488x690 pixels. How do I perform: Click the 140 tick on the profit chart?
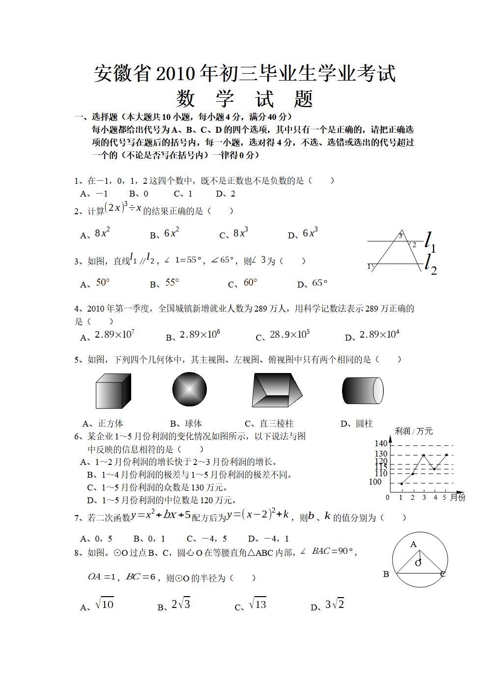[x=381, y=444]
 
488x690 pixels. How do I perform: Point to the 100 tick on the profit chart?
[x=375, y=482]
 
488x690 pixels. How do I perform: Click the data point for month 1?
[x=402, y=484]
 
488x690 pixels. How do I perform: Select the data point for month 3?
[x=424, y=456]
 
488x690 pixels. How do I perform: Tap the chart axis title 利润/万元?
[x=414, y=431]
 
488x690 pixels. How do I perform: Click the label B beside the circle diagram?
[x=386, y=574]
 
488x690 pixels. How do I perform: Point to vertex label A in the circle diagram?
[x=413, y=544]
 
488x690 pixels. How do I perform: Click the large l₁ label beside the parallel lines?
[x=430, y=242]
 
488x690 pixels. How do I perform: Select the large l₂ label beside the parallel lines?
[x=431, y=264]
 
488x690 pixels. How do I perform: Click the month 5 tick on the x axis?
[x=445, y=497]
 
